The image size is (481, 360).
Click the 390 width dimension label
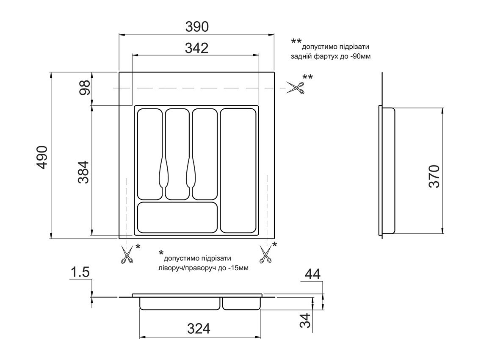point(197,27)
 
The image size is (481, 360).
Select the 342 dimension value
point(196,48)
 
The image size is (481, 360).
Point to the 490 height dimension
point(42,157)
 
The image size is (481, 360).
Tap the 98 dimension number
point(84,87)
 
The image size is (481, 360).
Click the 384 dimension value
point(83,172)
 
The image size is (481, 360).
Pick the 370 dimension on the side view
point(434,177)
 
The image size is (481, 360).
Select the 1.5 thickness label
point(80,272)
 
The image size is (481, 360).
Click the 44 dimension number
point(312,274)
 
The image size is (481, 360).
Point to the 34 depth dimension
point(306,320)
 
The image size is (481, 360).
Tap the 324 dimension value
point(199,329)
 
